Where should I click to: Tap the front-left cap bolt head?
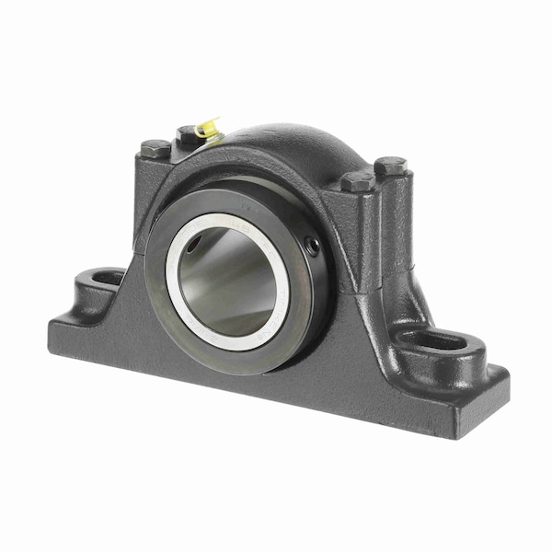pyautogui.click(x=155, y=148)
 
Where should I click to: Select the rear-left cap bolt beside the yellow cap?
pyautogui.click(x=188, y=134)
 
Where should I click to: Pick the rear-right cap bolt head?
pyautogui.click(x=390, y=167)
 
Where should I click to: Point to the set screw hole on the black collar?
pyautogui.click(x=312, y=246)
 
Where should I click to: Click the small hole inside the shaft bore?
pyautogui.click(x=192, y=243)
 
